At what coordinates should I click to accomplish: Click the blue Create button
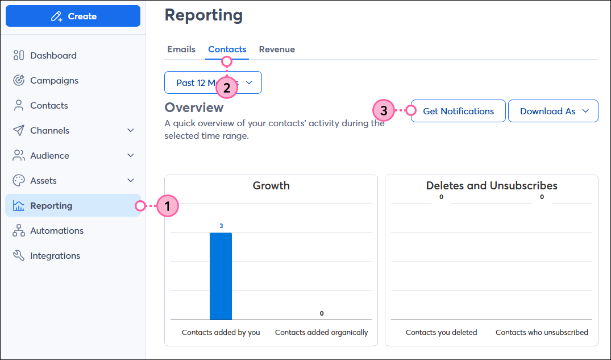tap(73, 16)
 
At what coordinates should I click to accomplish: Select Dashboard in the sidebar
tap(53, 55)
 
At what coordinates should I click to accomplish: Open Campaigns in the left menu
tap(54, 80)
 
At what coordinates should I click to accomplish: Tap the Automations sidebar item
tap(56, 230)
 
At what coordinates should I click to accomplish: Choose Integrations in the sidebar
tap(55, 255)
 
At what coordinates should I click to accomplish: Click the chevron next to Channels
tap(131, 130)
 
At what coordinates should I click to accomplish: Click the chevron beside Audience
tap(131, 155)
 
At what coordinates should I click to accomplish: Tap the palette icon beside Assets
tap(19, 180)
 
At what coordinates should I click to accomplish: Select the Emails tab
tap(181, 49)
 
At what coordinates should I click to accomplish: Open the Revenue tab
tap(277, 49)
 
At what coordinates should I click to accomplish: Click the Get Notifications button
tap(458, 111)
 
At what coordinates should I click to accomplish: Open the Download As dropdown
tap(553, 111)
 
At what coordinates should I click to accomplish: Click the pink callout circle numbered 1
tap(168, 205)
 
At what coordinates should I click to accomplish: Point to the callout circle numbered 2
tap(227, 88)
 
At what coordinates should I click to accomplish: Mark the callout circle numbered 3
tap(384, 111)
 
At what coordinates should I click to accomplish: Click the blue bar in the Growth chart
tap(221, 276)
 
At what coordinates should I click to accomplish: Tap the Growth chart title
tap(271, 185)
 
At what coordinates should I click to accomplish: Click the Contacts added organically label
tap(321, 332)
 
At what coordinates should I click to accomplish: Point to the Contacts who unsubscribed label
tap(542, 332)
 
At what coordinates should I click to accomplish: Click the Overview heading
tap(194, 107)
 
